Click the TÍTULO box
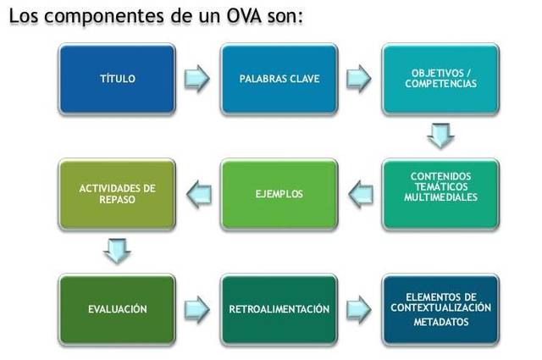pos(117,80)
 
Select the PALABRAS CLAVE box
pos(279,80)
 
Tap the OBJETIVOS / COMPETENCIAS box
pos(440,80)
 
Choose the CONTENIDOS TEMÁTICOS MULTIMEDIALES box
pos(440,193)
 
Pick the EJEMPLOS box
pos(279,194)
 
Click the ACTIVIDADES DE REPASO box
pos(117,194)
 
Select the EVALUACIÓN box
pos(117,309)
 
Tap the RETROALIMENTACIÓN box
pos(279,309)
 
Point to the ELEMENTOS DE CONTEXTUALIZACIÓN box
pos(440,308)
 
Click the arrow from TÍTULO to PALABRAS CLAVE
pos(197,79)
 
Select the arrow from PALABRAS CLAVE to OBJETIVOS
pos(359,79)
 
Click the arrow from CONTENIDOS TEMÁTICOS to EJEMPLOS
pos(359,193)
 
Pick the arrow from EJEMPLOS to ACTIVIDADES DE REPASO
pos(197,193)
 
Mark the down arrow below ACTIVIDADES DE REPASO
pos(116,251)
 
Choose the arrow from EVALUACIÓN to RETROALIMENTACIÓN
pos(197,308)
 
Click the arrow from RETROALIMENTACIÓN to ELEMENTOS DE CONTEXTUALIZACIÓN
pos(359,308)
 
